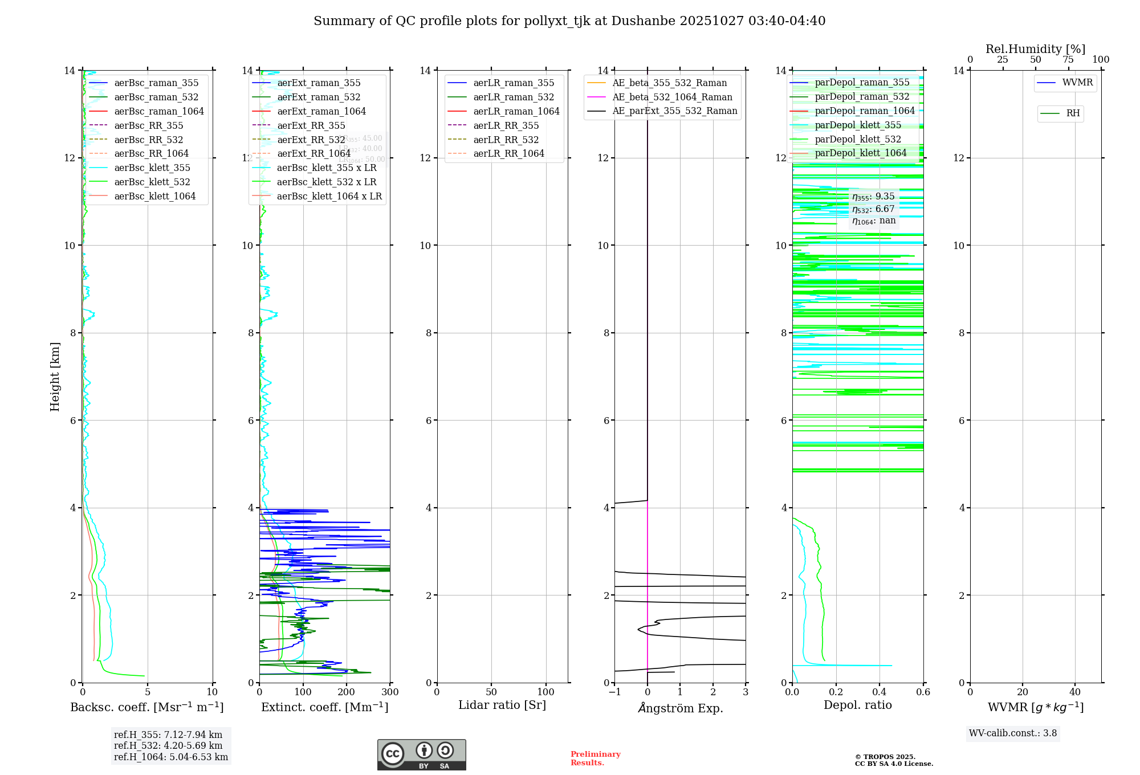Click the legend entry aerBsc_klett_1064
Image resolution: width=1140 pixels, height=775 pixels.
[154, 196]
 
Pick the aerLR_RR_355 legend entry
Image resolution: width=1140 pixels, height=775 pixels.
[506, 125]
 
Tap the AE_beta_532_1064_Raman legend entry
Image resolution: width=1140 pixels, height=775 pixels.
[672, 97]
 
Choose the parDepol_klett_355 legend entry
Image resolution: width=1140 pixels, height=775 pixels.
[858, 125]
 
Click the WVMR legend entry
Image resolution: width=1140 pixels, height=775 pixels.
[1077, 83]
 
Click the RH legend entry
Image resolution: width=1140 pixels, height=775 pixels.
[1073, 113]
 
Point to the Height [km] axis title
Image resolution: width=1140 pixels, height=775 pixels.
[55, 377]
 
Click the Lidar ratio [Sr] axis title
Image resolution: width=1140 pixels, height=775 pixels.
[502, 705]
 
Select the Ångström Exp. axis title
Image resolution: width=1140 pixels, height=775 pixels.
[680, 708]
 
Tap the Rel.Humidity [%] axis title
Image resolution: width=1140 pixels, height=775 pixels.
[1035, 49]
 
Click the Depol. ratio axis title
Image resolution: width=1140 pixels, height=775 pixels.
[857, 705]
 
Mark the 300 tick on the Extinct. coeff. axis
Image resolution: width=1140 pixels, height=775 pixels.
[390, 692]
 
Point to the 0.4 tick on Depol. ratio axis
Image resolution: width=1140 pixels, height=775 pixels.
[880, 692]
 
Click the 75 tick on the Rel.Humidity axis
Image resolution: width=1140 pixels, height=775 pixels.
[1068, 60]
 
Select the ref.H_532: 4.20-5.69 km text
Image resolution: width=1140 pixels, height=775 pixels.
[168, 745]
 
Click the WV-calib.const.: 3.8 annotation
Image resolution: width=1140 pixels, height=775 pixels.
[1013, 733]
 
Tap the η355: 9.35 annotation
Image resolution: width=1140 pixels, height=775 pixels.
[873, 197]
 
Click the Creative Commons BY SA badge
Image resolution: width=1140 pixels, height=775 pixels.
[421, 754]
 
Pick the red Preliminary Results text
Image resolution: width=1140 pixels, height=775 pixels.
[595, 758]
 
